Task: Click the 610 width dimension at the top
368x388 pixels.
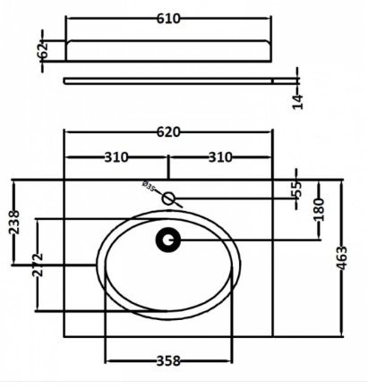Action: pos(168,19)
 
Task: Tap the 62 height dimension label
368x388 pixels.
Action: pos(44,50)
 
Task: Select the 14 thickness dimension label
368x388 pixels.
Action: pos(298,102)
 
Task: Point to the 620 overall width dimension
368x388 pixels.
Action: pos(168,132)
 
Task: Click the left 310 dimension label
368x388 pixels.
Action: pos(116,157)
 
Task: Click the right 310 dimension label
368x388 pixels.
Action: pos(220,157)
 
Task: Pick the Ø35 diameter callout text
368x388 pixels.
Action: pos(149,186)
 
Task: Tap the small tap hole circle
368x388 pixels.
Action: pos(168,198)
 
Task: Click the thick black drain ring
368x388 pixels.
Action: pos(168,240)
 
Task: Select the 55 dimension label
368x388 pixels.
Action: pos(296,190)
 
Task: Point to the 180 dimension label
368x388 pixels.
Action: pos(319,209)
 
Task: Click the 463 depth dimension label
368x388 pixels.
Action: pos(342,258)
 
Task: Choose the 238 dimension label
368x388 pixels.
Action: pos(14,223)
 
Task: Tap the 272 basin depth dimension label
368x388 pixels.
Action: pos(39,265)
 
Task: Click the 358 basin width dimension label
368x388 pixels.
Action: pos(168,361)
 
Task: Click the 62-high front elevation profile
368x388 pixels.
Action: pos(168,51)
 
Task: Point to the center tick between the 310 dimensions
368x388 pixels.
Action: pos(168,167)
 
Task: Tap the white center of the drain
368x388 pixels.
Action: pos(168,240)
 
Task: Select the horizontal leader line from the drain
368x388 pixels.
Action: pos(251,240)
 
